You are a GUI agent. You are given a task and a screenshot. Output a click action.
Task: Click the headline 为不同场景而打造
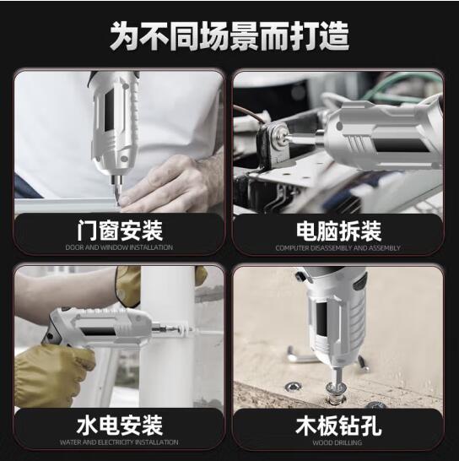229,36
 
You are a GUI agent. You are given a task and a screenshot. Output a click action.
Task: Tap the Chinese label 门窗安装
120,230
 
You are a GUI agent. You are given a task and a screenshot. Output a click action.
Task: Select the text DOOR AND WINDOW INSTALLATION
119,247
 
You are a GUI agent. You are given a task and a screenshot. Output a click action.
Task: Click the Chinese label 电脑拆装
338,231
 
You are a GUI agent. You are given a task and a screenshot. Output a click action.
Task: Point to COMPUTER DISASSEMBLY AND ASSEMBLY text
338,248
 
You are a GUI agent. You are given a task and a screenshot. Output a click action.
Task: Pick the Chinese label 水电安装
120,426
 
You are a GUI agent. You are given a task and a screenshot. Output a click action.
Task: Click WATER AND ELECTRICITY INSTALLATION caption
119,442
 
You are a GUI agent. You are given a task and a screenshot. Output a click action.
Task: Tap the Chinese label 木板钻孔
338,426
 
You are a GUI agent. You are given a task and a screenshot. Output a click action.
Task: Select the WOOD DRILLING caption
337,442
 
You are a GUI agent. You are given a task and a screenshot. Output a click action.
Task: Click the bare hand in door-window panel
173,182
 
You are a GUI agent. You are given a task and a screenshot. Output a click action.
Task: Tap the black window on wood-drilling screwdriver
321,319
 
